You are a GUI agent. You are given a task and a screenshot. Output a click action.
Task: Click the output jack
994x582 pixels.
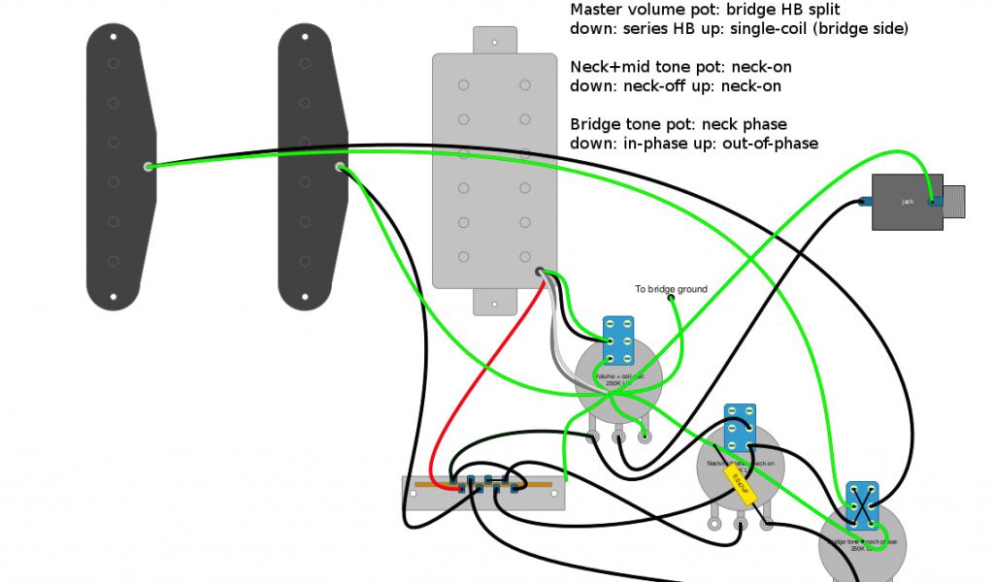coord(906,202)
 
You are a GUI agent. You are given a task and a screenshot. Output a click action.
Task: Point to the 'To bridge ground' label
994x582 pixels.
coord(671,289)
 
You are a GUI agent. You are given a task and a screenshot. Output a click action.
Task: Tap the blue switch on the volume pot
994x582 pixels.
coord(618,340)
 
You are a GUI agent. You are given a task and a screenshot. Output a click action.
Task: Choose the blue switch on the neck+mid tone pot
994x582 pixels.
coord(741,428)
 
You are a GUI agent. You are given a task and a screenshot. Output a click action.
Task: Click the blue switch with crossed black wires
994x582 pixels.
coord(862,504)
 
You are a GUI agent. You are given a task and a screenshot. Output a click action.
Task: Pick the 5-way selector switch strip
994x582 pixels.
coord(483,493)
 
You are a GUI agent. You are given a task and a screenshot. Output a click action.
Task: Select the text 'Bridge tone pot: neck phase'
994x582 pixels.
coord(679,125)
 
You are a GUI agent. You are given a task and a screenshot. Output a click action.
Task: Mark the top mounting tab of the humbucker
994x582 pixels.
coord(494,40)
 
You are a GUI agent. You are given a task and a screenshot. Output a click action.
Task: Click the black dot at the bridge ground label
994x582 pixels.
coord(671,299)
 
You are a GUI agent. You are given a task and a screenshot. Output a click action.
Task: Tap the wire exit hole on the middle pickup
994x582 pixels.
coord(340,167)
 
